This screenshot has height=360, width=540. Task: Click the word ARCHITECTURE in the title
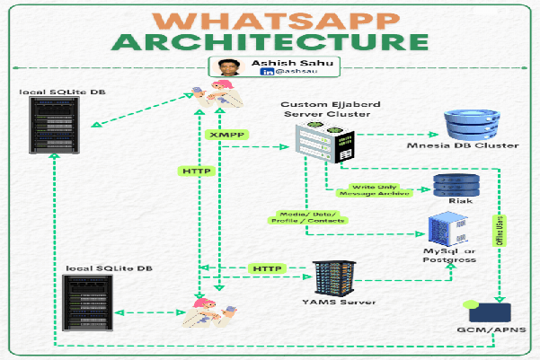point(269,42)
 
